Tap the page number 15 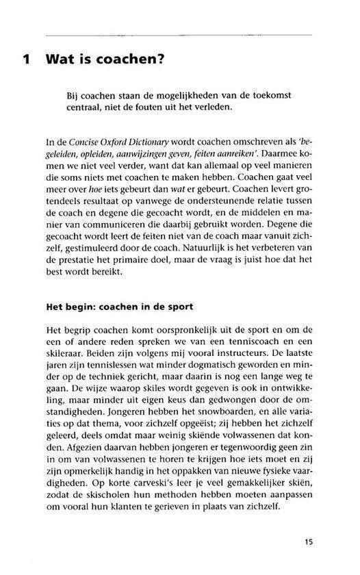click(x=309, y=542)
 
